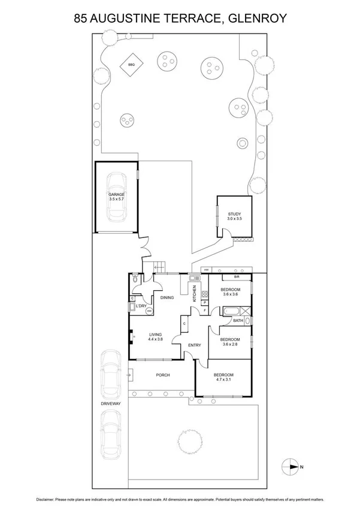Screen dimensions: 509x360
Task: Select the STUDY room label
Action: coord(234,215)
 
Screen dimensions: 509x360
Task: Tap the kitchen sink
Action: coord(194,279)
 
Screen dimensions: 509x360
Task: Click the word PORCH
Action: coord(162,375)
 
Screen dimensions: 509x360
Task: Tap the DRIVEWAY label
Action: coord(111,404)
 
